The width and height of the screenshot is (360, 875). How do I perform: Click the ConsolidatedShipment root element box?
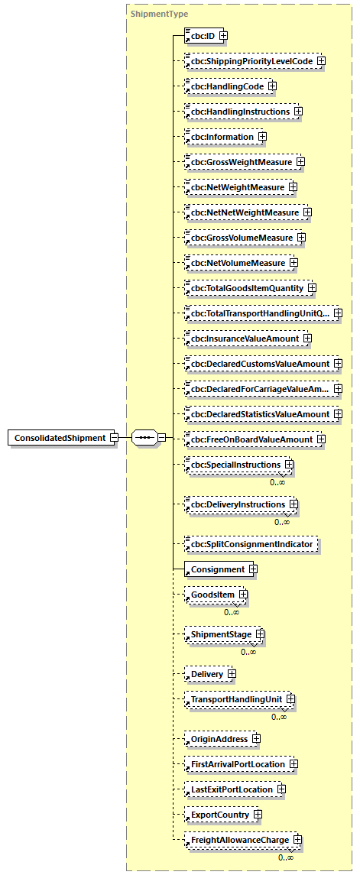[60, 438]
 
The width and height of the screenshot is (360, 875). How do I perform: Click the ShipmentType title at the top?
[159, 14]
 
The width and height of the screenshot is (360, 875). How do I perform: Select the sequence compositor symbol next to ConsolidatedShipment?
[144, 438]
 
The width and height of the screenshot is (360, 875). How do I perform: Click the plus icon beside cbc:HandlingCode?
[271, 86]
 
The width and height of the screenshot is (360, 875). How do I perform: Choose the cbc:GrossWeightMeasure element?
[241, 162]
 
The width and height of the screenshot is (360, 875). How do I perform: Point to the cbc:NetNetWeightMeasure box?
[244, 212]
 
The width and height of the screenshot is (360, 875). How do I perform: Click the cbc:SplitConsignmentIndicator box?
[251, 544]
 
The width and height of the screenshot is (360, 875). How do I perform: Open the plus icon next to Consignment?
[253, 569]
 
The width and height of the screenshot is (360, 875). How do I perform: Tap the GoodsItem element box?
[212, 594]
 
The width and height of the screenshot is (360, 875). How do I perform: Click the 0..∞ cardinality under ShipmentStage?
[248, 652]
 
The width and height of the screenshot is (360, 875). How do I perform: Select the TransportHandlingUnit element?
[236, 699]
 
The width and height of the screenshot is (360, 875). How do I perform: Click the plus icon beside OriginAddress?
[256, 739]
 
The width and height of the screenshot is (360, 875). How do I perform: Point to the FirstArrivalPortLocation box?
[237, 764]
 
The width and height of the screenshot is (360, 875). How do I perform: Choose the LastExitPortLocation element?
[231, 789]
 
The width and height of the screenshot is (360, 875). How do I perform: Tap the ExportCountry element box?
[219, 815]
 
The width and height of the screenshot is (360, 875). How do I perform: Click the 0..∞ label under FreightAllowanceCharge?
[285, 857]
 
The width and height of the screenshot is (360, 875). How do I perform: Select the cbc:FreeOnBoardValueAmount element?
[251, 439]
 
